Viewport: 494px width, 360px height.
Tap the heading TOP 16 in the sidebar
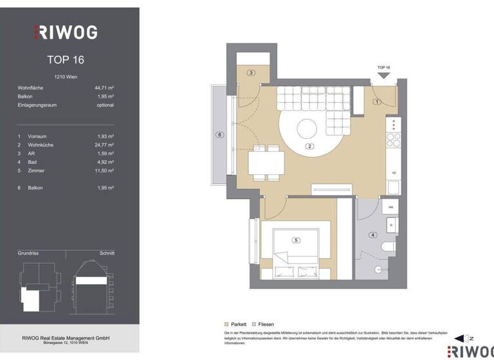66,60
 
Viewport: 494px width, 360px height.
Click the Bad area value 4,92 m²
104,162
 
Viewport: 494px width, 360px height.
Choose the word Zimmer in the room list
37,170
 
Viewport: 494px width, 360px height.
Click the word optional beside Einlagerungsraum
104,105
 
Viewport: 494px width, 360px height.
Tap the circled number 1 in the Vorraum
378,102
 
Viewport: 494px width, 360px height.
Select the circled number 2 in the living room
309,147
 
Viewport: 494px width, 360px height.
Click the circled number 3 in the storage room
251,73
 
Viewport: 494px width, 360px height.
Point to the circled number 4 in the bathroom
372,235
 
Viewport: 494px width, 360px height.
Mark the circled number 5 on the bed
296,240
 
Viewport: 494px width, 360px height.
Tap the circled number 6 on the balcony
219,135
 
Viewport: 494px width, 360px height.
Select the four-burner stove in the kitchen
392,139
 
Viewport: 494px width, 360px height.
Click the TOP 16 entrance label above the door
383,67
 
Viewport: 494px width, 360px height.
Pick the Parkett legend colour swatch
226,325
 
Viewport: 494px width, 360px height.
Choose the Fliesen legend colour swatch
255,325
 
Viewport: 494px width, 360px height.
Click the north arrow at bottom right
461,338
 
